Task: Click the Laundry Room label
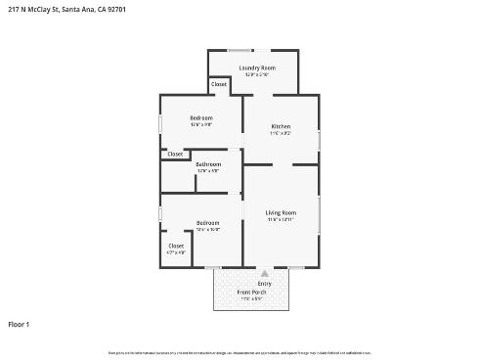[257, 67]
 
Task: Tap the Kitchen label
[281, 126]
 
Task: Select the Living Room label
[281, 212]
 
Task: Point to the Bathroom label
[208, 164]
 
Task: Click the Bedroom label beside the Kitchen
[201, 118]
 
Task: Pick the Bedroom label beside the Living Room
[207, 223]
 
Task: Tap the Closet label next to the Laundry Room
[219, 84]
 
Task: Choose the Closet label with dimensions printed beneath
[176, 246]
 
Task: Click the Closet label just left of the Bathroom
[175, 154]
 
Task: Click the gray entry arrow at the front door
[264, 274]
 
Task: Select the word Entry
[264, 284]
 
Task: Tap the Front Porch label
[251, 292]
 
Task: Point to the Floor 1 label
[20, 324]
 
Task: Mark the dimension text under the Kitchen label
[281, 133]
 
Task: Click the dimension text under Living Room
[281, 219]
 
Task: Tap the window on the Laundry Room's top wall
[240, 50]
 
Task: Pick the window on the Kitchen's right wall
[319, 138]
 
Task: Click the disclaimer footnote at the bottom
[239, 352]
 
